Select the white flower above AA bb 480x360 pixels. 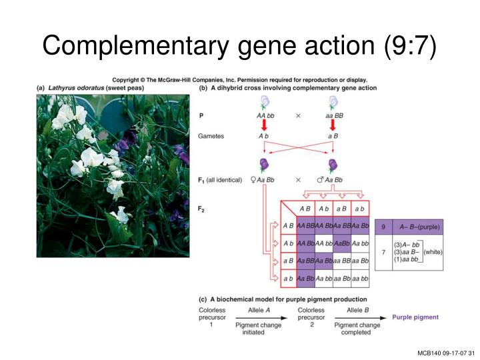[x=265, y=102]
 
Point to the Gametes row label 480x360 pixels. [x=212, y=135]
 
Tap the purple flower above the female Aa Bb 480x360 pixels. [x=265, y=165]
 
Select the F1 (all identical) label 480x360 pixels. [x=219, y=180]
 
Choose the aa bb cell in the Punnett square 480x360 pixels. [x=360, y=278]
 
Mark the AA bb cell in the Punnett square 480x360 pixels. [x=324, y=243]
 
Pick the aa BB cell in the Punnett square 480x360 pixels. [x=342, y=261]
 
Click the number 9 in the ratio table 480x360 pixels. [x=383, y=227]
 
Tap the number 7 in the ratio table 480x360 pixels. [x=383, y=253]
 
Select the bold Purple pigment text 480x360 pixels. [x=415, y=317]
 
